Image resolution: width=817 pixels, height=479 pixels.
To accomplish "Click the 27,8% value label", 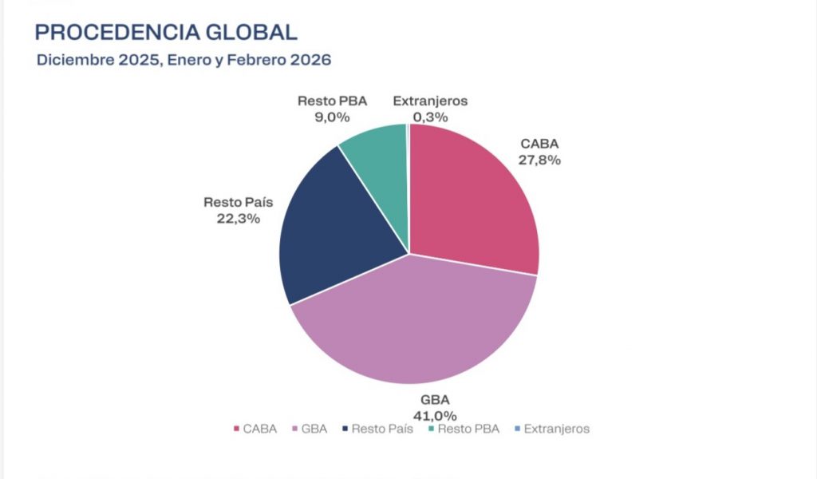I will [540, 160].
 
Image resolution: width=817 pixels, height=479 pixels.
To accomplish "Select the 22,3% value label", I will [239, 218].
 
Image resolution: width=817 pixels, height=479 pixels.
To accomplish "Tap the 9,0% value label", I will [332, 117].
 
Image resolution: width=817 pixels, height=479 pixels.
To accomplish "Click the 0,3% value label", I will [430, 117].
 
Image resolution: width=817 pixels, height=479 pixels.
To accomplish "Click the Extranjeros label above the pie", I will [430, 101].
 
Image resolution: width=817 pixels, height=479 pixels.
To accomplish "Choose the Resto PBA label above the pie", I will [332, 101].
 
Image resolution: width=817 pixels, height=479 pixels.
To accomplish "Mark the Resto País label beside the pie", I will [239, 203].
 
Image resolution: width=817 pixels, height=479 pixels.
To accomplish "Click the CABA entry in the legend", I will [255, 429].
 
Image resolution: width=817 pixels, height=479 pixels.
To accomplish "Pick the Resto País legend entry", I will [377, 429].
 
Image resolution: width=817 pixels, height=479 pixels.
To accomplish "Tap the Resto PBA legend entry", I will [464, 429].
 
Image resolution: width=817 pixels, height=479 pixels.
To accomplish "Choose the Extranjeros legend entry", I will [552, 429].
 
